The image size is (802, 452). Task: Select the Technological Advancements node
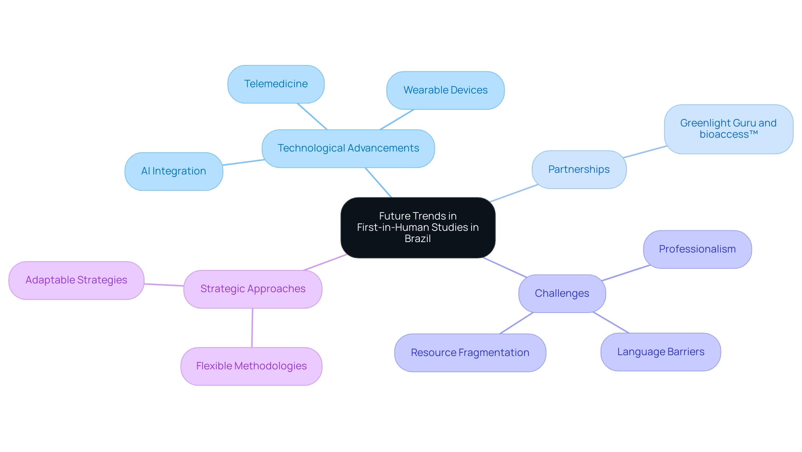pos(348,149)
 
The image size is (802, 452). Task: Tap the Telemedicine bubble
pos(276,84)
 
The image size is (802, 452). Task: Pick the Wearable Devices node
pos(445,90)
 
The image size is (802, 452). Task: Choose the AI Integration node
pos(173,171)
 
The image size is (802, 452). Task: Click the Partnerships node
pos(579,169)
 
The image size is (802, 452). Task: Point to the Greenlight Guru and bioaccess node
pos(728,129)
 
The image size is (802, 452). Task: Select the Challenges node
pos(562,293)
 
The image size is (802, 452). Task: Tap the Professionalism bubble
pos(697,249)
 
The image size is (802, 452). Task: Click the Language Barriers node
pos(660,352)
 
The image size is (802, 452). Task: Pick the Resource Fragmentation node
pos(470,353)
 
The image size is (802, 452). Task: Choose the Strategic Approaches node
pos(253,289)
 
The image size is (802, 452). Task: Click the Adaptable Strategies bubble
pos(76,280)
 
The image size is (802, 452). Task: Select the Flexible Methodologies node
pos(251,366)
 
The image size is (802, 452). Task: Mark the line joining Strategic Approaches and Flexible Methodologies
pos(252,328)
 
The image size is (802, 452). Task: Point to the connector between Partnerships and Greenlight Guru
pos(645,152)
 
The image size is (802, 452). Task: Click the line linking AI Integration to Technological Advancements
pos(243,162)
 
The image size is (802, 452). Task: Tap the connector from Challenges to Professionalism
pos(625,273)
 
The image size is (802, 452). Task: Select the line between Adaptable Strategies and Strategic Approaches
pos(164,285)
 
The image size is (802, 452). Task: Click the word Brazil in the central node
pos(418,239)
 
